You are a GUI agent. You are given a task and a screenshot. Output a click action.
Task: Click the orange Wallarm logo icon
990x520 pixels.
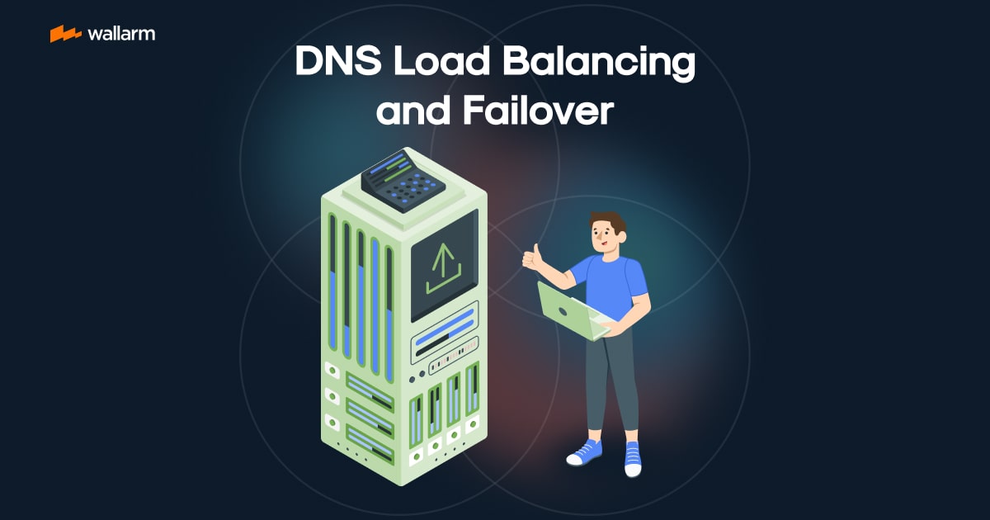coord(65,34)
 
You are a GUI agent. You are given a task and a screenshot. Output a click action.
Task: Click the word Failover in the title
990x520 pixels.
coord(538,111)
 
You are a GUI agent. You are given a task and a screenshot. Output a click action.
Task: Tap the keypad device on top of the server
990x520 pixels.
coord(403,181)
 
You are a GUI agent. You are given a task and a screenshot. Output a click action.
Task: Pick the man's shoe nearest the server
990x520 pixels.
coord(584,452)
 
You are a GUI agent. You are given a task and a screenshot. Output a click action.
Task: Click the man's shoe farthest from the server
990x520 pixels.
coord(633,459)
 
